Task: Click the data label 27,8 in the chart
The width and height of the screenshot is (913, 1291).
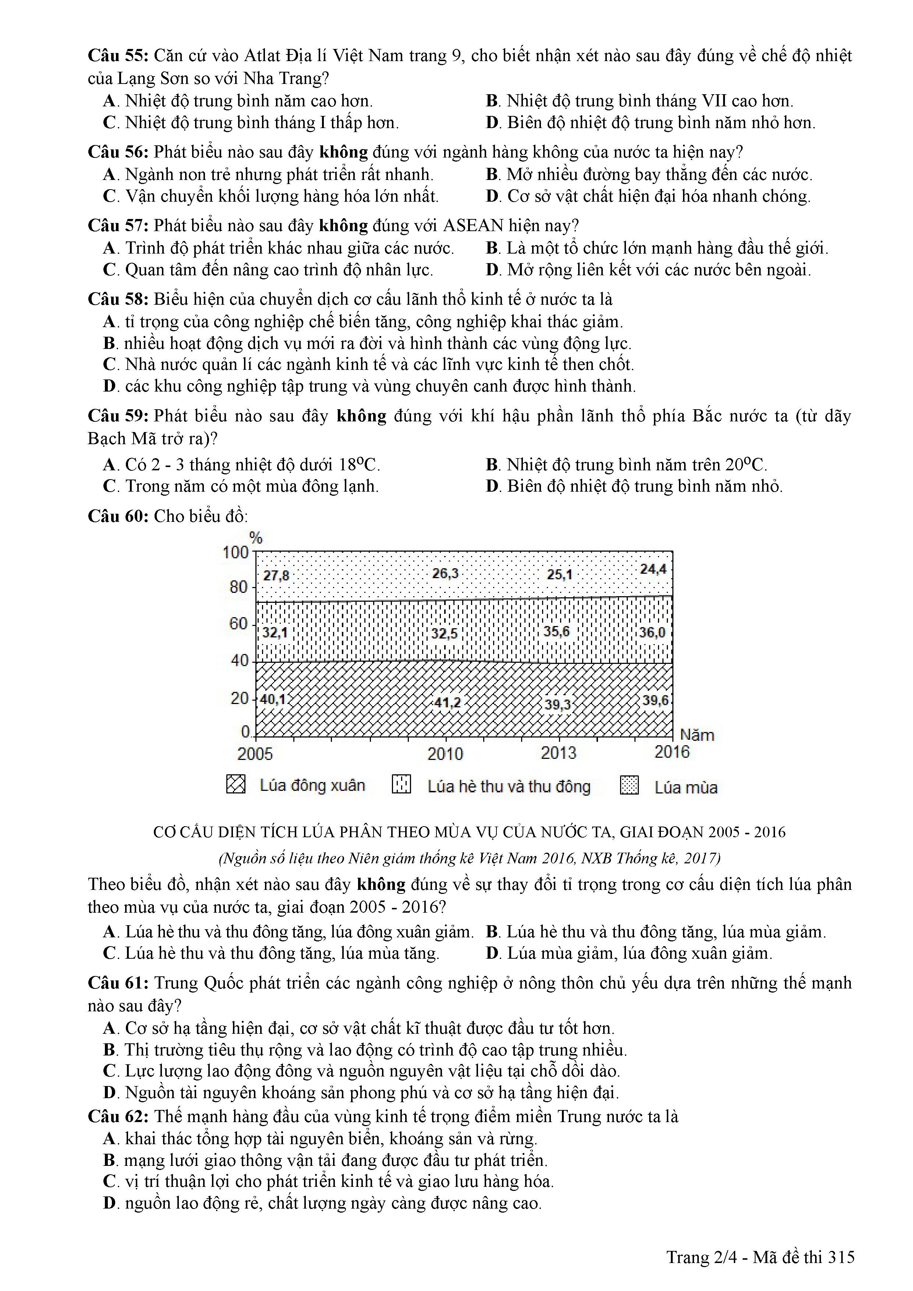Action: pos(276,576)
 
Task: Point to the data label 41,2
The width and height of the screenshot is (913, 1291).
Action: pos(447,702)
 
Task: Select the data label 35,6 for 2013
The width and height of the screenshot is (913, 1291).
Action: pos(556,632)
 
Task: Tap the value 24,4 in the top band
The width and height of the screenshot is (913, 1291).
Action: pos(653,570)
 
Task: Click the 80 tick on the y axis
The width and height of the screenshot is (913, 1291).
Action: pos(238,587)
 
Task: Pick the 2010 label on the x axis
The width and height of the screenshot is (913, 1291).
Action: pos(445,753)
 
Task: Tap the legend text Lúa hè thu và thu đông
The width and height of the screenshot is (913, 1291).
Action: pos(509,786)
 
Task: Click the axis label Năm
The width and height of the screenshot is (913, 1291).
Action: pos(697,735)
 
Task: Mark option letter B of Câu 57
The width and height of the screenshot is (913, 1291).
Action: pos(492,248)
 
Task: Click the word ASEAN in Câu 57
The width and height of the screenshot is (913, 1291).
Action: pos(473,226)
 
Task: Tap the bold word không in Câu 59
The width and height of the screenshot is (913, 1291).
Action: pos(361,416)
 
